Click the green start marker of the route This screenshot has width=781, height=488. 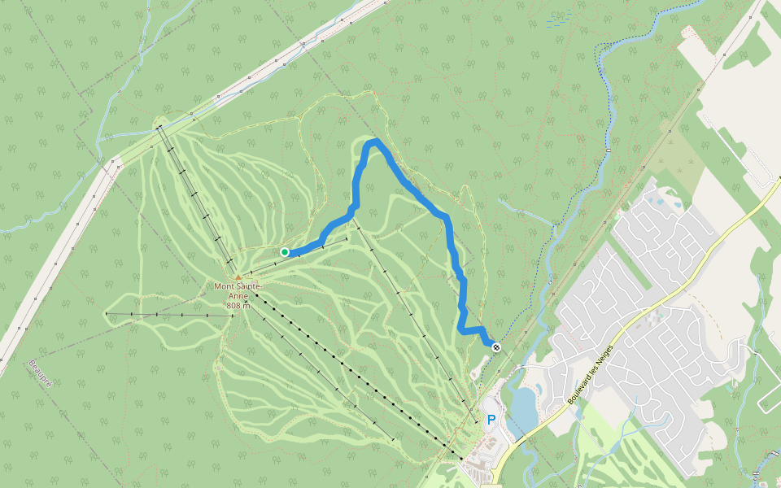(x=285, y=252)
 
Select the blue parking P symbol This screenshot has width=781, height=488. (x=491, y=420)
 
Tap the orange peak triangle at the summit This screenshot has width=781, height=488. (x=238, y=277)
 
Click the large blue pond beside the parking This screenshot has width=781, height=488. (x=523, y=406)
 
